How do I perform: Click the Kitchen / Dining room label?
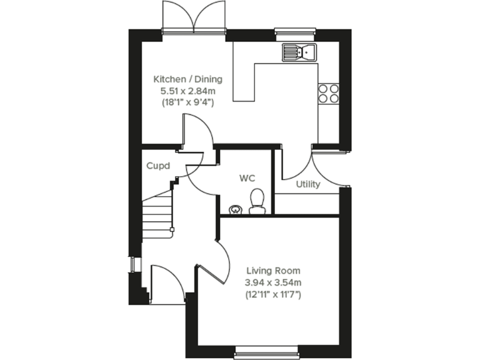click(x=187, y=79)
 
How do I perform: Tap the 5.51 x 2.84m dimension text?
click(x=187, y=91)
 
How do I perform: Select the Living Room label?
click(x=273, y=271)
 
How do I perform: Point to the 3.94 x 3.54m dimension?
click(x=273, y=282)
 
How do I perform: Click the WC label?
click(x=247, y=178)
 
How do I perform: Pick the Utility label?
click(x=308, y=184)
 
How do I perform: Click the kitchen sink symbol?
click(x=299, y=52)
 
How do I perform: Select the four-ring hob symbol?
click(x=329, y=92)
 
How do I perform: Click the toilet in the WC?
click(x=257, y=202)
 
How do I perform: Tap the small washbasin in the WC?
click(x=234, y=209)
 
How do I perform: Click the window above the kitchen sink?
click(x=294, y=31)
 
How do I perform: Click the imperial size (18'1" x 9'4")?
click(x=187, y=102)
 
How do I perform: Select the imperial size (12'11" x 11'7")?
click(x=273, y=294)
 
